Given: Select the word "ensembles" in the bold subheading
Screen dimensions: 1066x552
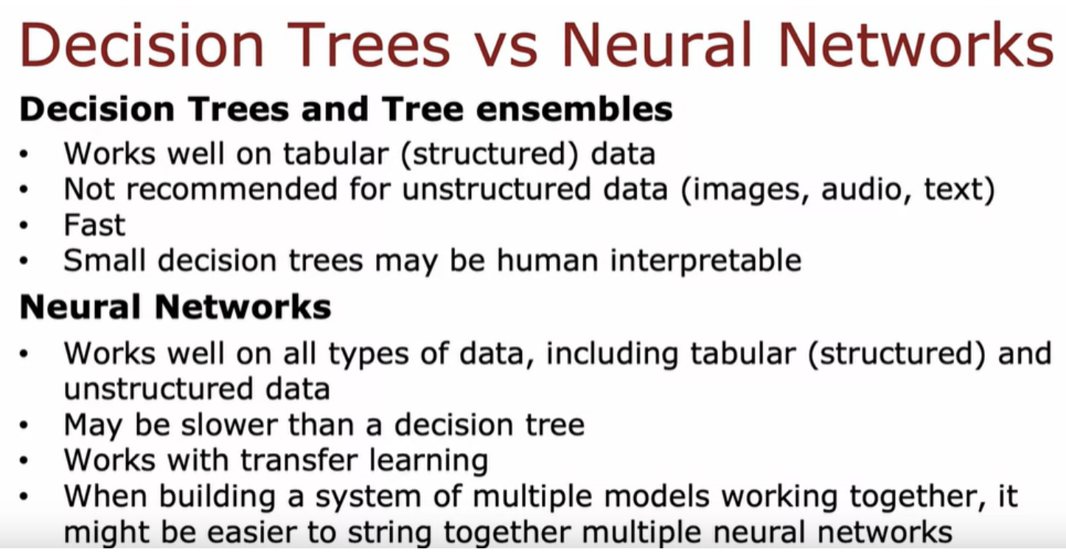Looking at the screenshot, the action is [x=574, y=109].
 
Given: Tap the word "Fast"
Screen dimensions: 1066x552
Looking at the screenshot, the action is [x=94, y=225].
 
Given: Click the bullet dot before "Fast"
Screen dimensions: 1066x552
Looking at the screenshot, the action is [x=24, y=225].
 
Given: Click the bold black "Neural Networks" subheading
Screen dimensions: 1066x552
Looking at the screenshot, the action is [x=175, y=307].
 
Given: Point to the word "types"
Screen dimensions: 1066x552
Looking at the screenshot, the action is [x=369, y=354].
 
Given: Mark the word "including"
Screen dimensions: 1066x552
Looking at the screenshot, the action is [x=612, y=354].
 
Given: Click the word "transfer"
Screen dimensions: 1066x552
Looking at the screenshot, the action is [x=299, y=460].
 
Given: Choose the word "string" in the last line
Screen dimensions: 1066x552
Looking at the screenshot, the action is [x=389, y=533].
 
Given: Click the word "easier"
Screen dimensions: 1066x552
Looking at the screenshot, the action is [x=251, y=531].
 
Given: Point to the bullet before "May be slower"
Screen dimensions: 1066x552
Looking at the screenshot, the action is [x=24, y=425].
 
